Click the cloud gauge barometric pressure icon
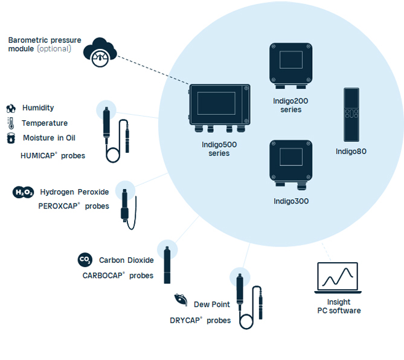coord(100,53)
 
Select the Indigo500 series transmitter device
coord(220,108)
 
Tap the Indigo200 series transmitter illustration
coord(291,66)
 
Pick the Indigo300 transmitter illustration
coord(291,165)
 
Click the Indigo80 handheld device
coord(351,115)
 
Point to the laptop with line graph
coord(338,278)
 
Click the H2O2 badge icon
coord(23,192)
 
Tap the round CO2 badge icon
coord(85,260)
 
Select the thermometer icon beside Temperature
coord(11,123)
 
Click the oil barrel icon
coord(11,138)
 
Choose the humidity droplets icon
coord(11,109)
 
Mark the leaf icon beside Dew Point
coord(181,300)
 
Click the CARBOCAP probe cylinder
coord(167,265)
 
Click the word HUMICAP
coord(38,156)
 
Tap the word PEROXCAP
coord(58,206)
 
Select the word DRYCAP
coord(185,321)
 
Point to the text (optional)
coord(54,49)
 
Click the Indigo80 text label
coord(351,152)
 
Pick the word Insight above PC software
coord(339,302)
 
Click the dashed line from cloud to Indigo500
coord(153,70)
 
